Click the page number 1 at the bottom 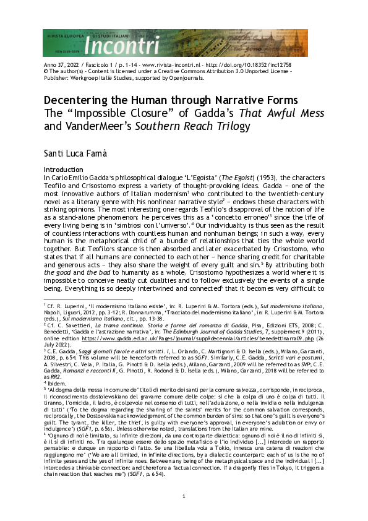coord(184,498)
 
